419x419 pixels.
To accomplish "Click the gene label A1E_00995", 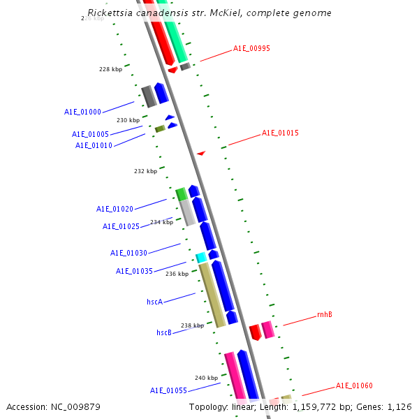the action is click(251, 49).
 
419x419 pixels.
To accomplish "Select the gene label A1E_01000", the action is click(82, 112).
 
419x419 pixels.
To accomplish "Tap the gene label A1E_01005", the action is click(90, 134).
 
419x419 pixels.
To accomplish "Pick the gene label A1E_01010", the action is click(94, 145).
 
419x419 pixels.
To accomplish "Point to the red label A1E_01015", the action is click(280, 133).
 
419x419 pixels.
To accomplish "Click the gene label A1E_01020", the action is click(115, 209).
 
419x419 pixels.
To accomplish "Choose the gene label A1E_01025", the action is click(121, 226).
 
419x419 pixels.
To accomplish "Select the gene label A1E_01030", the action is click(128, 253).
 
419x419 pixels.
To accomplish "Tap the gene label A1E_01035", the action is click(134, 271).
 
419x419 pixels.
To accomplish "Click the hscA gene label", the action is click(154, 302).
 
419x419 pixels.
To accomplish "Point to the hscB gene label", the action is click(164, 332).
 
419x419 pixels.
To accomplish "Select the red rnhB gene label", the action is click(325, 314).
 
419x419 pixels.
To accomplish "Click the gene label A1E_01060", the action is click(354, 385).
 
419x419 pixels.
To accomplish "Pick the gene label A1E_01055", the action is click(168, 390).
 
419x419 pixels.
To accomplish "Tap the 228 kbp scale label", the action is click(110, 69).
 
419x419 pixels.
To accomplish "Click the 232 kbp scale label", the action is click(145, 171).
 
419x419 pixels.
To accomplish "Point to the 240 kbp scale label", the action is click(206, 378).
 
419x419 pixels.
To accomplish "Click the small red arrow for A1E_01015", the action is click(201, 153).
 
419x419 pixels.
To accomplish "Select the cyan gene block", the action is click(201, 258).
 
